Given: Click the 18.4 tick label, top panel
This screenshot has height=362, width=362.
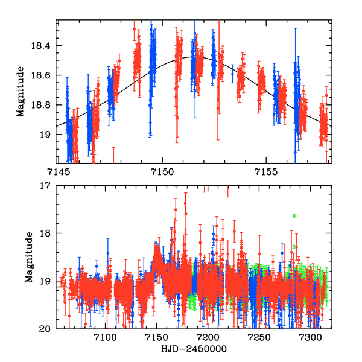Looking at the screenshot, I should [x=43, y=46].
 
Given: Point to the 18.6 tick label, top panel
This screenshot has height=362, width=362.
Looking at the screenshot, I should [x=43, y=75].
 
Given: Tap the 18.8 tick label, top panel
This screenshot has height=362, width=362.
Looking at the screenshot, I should [x=43, y=105].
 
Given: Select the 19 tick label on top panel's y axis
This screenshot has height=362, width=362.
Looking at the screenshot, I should [x=48, y=135].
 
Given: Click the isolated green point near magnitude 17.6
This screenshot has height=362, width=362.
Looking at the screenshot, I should [x=294, y=216].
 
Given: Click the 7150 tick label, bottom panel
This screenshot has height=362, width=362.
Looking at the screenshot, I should [x=156, y=338].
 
